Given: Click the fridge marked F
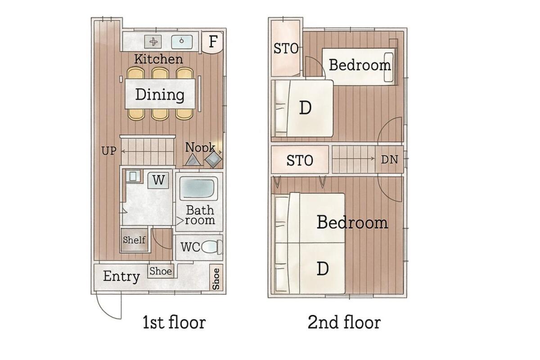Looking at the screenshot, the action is tap(212, 42).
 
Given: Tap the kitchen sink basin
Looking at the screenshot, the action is tap(182, 42).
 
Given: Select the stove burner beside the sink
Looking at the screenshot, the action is tap(153, 42).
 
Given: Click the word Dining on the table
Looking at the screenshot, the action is tap(160, 94).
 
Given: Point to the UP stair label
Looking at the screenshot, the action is tap(109, 151).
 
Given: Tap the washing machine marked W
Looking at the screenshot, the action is tap(158, 180).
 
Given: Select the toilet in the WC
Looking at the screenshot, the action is tap(212, 247).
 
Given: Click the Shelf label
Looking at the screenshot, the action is tap(134, 240).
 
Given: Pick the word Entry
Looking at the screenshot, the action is tap(121, 276).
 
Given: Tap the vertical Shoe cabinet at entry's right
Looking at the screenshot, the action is tap(216, 278).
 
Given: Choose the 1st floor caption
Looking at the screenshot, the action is tap(174, 322).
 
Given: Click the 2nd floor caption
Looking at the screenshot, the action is tap(344, 322).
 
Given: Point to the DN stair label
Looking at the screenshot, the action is tap(390, 160).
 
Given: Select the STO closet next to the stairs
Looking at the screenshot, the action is tap(300, 160).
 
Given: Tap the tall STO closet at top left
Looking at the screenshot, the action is tap(286, 48).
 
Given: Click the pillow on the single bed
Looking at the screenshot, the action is tap(389, 67).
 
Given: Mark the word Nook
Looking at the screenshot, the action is tap(200, 147).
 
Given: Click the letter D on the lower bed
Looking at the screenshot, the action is tap(323, 268).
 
